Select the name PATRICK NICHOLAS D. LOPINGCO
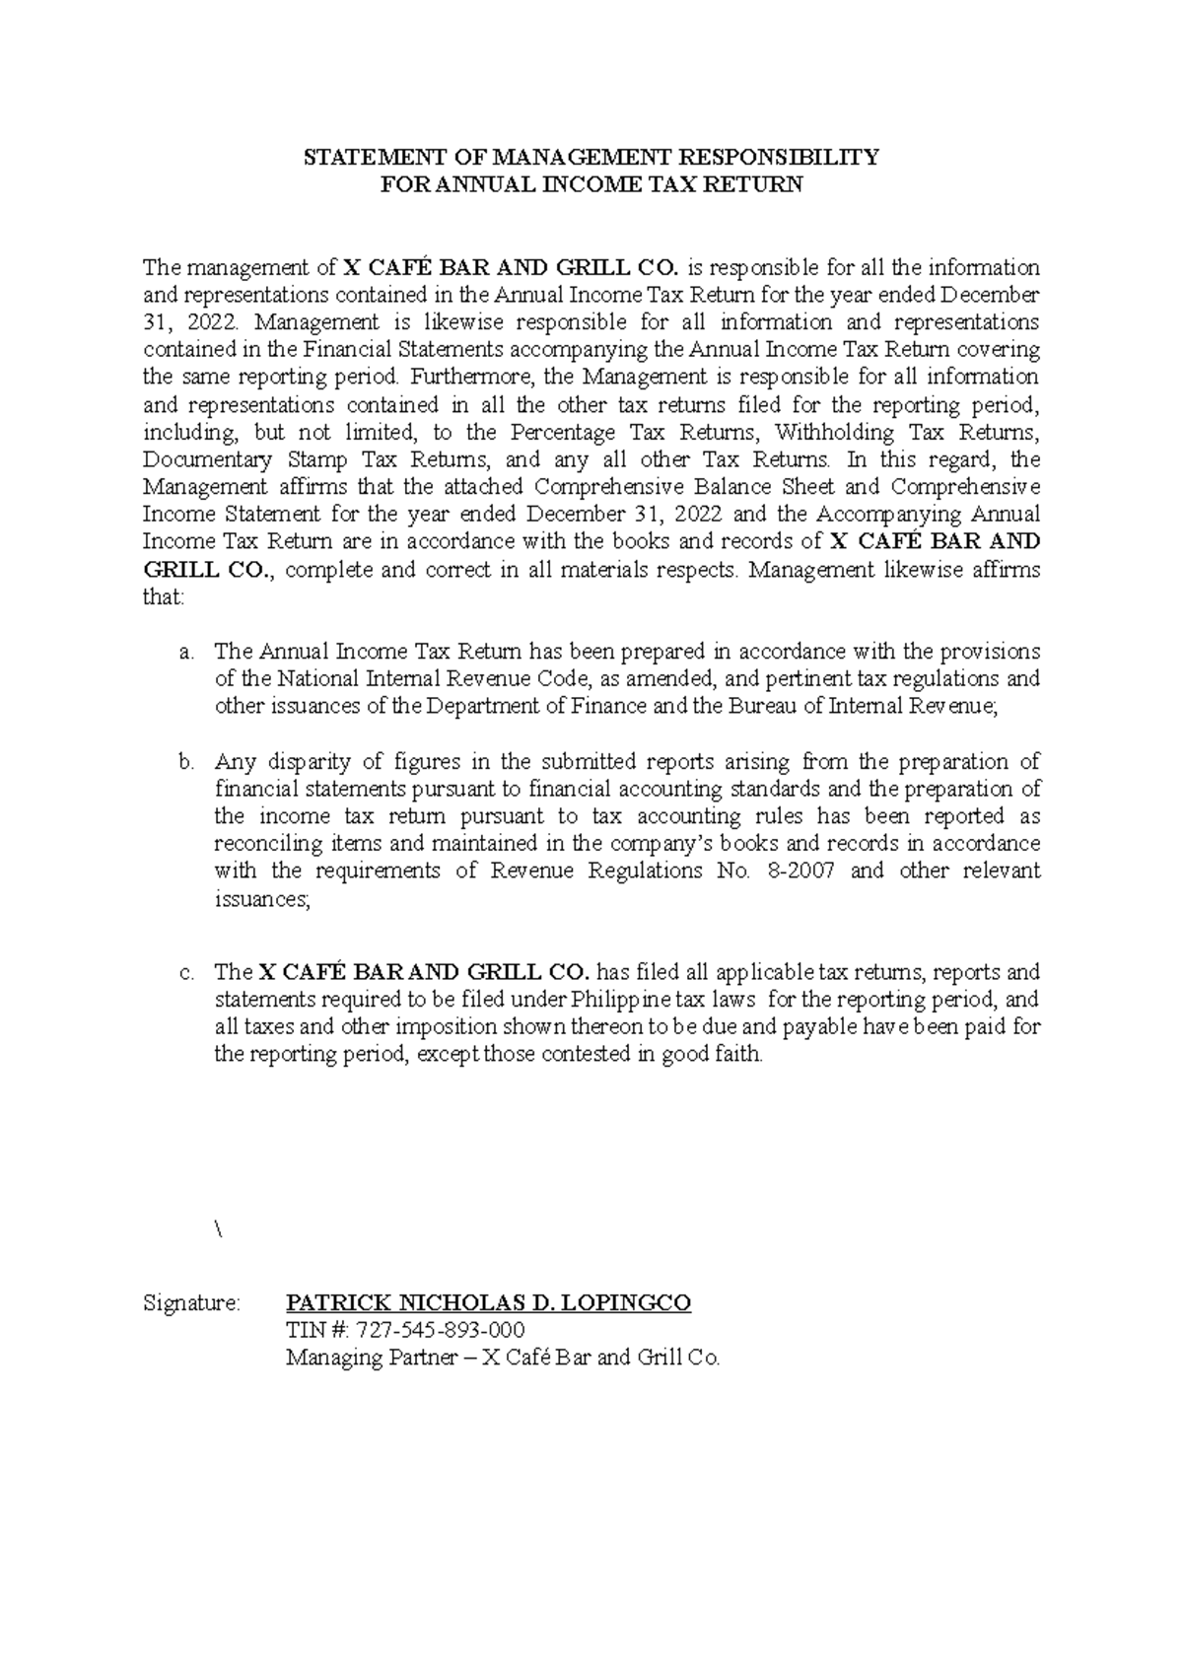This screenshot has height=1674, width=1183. pyautogui.click(x=488, y=1302)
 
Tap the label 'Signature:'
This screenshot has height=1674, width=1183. pyautogui.click(x=191, y=1303)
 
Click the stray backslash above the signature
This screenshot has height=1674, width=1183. pyautogui.click(x=218, y=1229)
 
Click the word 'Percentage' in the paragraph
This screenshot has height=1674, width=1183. pyautogui.click(x=563, y=432)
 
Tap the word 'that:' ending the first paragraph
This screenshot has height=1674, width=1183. pyautogui.click(x=164, y=597)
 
